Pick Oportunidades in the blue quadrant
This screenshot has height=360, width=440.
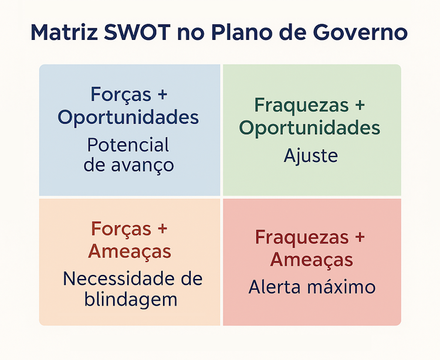(x=128, y=117)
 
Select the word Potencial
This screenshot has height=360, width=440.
(x=128, y=144)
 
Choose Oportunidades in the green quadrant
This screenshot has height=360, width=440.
(x=310, y=128)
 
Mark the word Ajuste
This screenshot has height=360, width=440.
(x=311, y=156)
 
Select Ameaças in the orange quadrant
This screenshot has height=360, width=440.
(x=129, y=252)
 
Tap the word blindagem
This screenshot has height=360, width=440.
(x=130, y=300)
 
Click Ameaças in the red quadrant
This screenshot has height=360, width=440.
(x=311, y=260)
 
